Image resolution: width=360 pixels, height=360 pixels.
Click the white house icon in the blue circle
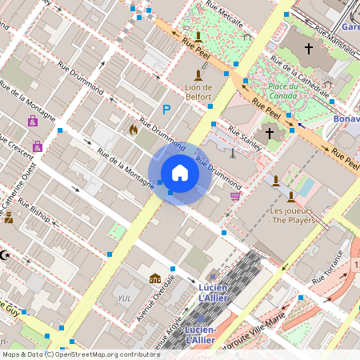180,173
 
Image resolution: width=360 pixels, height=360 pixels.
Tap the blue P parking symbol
166,110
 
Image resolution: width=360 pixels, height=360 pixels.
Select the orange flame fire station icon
134,128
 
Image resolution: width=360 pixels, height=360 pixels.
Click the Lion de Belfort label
198,92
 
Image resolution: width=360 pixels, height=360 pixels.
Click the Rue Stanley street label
245,136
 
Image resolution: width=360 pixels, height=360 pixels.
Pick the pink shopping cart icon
234,195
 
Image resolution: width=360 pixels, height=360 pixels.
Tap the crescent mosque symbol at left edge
5,254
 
